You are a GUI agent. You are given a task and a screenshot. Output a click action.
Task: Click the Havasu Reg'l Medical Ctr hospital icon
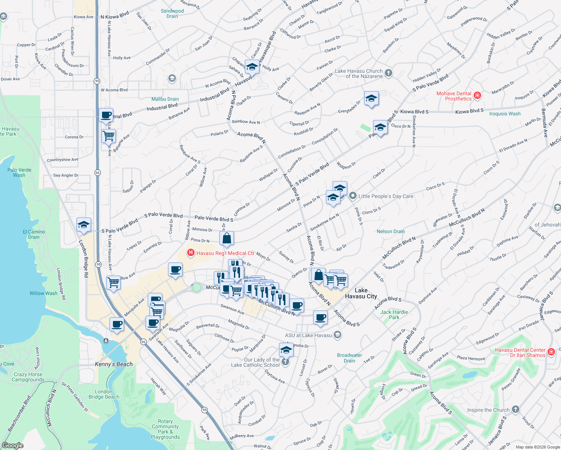coord(191,253)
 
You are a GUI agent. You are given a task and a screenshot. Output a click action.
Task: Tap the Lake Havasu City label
coord(361,293)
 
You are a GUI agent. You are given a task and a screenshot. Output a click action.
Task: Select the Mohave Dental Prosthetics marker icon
coord(477,96)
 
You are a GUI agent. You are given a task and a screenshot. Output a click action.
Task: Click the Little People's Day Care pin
coord(352,196)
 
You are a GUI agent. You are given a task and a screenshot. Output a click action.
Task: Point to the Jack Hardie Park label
coord(394,315)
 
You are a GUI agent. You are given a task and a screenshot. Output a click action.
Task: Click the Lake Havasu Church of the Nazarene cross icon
coord(388,73)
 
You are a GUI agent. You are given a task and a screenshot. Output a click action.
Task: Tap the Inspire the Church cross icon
coord(516,409)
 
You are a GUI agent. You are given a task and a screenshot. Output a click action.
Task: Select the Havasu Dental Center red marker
coord(551,352)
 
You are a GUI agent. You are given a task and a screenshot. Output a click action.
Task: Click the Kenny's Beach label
coord(114,364)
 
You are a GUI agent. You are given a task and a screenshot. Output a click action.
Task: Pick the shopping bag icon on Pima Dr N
coord(227,238)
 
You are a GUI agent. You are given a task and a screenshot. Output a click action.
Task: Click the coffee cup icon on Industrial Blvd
coord(106,115)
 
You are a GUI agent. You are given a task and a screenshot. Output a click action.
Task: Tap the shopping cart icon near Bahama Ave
coord(109,136)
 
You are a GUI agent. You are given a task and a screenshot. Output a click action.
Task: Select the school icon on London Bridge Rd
coord(84,225)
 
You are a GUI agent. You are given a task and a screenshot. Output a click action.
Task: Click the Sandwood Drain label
coord(172,13)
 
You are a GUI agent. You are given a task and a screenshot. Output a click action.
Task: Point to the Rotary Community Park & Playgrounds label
coord(165,429)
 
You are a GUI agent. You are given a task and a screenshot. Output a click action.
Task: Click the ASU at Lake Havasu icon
coord(337,335)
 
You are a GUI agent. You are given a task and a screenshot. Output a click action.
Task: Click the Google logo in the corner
coord(12,445)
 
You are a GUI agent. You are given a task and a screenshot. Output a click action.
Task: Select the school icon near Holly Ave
coord(252,67)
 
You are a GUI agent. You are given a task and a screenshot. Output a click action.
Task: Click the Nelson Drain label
coord(391,231)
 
